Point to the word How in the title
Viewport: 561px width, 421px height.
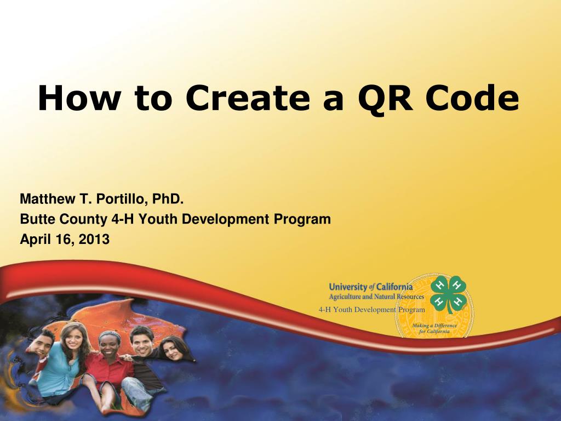(x=74, y=99)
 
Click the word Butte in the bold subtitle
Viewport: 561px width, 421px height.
(x=35, y=219)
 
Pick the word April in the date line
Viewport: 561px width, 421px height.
(x=35, y=240)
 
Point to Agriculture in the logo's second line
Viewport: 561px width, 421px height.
(x=346, y=297)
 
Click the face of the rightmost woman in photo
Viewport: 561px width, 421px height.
(x=171, y=348)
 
